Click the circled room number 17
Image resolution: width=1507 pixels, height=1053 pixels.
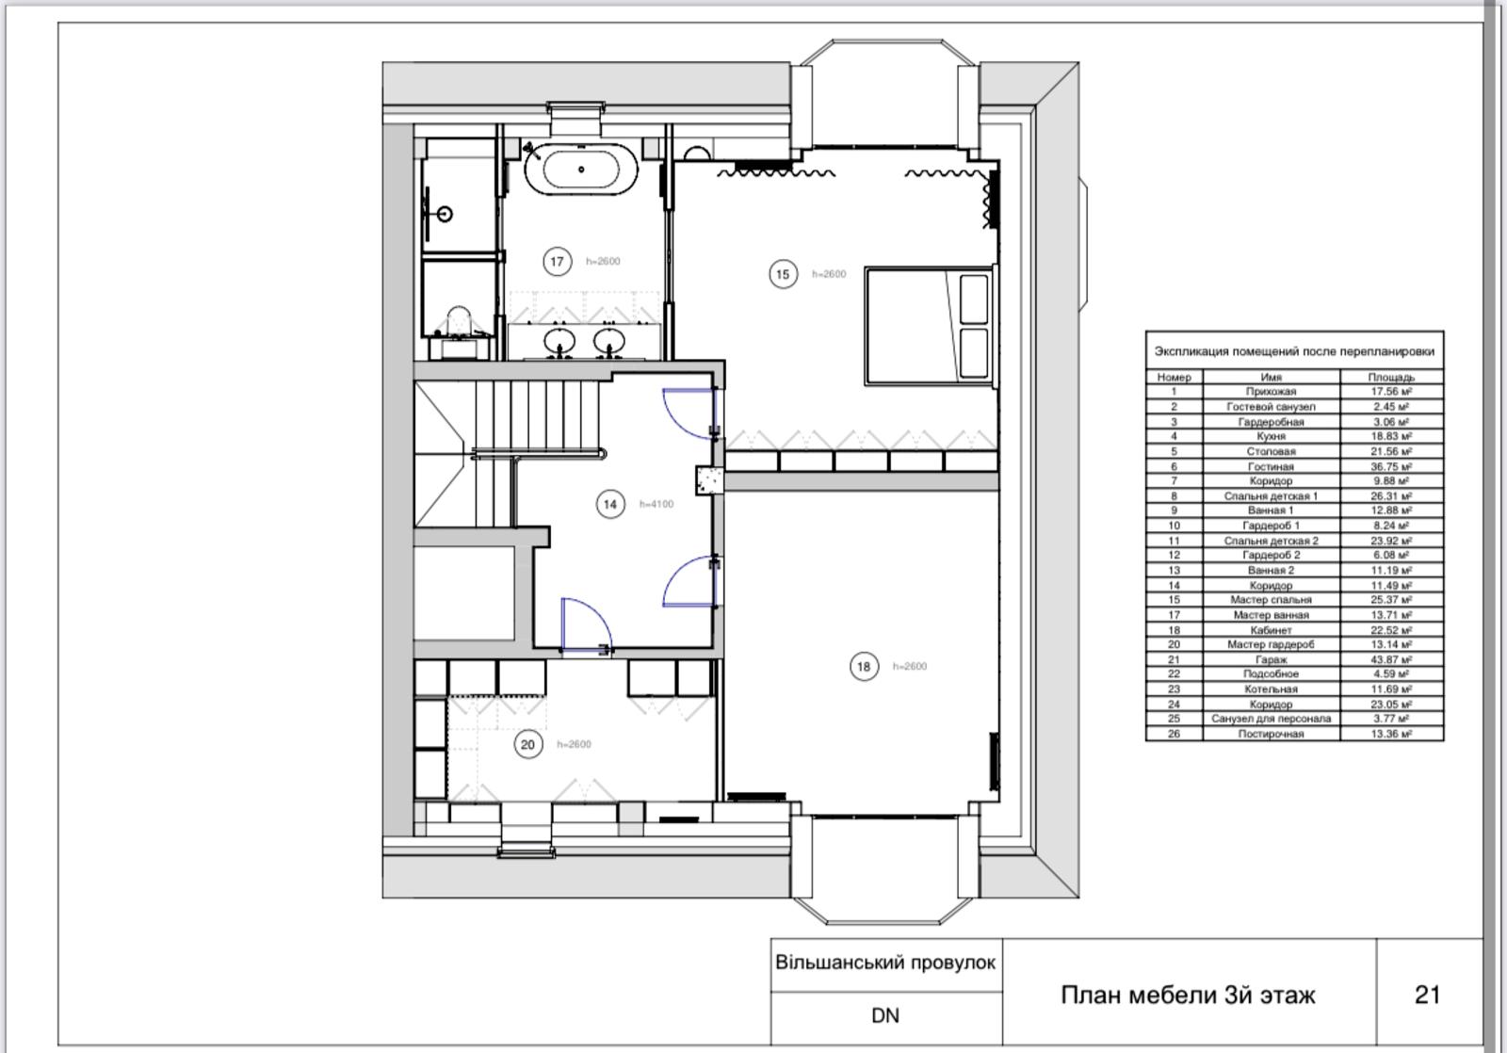coord(557,261)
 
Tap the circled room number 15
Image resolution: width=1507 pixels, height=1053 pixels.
coord(783,274)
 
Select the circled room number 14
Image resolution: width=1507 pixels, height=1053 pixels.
coord(610,504)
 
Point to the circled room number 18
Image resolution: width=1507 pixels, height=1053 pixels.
coord(864,666)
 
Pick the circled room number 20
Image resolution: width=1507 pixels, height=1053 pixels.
coord(528,744)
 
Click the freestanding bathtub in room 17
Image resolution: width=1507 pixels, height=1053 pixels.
coord(580,169)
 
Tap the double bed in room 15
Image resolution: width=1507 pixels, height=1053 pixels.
coord(929,326)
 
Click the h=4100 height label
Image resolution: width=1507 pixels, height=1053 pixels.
coord(656,504)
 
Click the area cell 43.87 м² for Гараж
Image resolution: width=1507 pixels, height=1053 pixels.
coord(1391,659)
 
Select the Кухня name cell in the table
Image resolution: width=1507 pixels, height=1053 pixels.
coord(1271,436)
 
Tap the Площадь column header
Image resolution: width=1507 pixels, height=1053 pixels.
coord(1391,377)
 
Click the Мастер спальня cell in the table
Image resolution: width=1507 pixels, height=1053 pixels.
coord(1271,600)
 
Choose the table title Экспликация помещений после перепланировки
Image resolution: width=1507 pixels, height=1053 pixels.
coord(1294,351)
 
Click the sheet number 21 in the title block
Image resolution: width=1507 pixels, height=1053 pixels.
coord(1428,995)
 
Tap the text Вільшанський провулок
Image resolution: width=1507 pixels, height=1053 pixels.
coord(885,963)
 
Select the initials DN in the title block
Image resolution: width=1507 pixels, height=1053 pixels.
coord(885,1015)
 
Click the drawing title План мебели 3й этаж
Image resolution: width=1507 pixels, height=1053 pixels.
coord(1188,995)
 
